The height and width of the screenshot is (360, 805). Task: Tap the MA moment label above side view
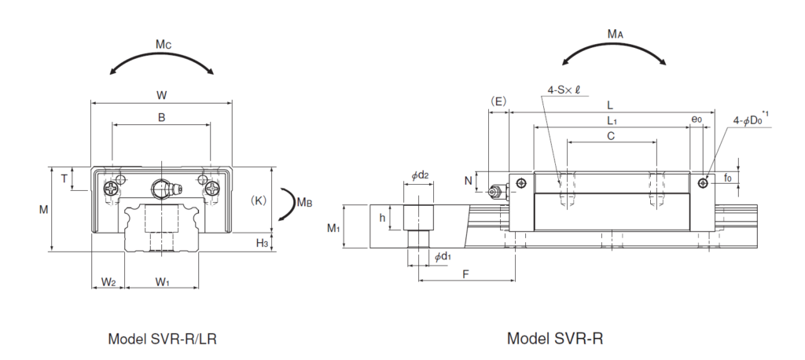(616, 35)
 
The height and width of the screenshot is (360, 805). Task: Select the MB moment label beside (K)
(304, 202)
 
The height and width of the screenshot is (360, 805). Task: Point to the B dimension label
(161, 117)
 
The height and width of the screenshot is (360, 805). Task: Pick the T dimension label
(64, 178)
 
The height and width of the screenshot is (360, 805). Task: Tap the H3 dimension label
(263, 244)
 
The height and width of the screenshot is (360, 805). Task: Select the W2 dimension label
(108, 281)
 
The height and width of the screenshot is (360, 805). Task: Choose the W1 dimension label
(162, 281)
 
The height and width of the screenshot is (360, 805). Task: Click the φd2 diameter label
(420, 175)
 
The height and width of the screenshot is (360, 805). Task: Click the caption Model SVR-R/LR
(162, 340)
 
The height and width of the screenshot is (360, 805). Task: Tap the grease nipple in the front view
(162, 189)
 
